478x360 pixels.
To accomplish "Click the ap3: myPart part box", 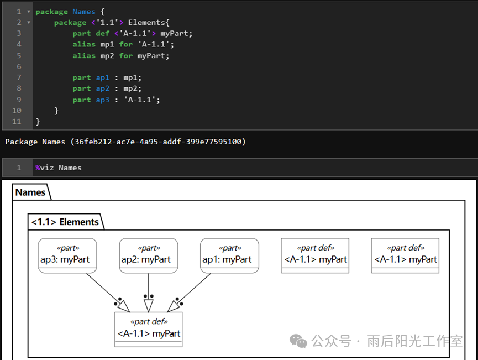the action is coord(67,255).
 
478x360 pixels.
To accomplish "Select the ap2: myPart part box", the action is coord(149,255).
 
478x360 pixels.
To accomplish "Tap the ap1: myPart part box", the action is coord(229,255).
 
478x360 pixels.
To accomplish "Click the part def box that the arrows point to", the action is coord(149,330).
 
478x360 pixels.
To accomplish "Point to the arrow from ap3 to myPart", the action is coord(108,293).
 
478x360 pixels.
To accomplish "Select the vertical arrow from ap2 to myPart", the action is coord(149,293).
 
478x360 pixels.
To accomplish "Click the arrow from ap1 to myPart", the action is coord(189,293).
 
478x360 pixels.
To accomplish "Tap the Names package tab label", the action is coord(30,192).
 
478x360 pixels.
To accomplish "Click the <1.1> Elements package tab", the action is coord(65,222).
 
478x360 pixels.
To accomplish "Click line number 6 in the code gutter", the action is coord(19,66).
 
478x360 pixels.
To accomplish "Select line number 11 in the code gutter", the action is coord(17,122).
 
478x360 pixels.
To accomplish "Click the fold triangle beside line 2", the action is coord(29,23).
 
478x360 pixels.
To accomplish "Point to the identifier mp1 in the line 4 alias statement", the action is coord(107,45).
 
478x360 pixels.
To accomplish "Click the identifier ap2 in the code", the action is coord(102,88).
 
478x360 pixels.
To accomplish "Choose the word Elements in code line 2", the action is coord(146,22).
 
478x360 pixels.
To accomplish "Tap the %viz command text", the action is coord(45,168).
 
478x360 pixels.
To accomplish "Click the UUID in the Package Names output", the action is coord(158,142).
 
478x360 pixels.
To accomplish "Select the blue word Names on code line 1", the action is coord(84,12).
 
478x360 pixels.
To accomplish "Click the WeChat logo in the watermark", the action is coord(298,341).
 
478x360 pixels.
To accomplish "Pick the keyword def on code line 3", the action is coord(102,33).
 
